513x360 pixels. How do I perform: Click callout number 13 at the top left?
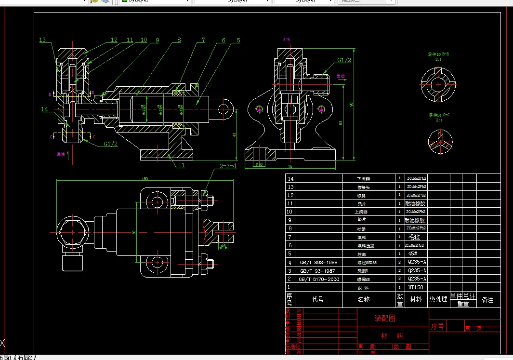[42, 40]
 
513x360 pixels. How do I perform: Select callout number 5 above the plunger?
[238, 40]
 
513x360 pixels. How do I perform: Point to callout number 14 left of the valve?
[44, 109]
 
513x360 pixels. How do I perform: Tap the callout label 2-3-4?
[228, 166]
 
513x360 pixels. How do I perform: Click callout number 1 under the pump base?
[184, 165]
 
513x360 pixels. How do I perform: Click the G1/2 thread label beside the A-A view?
[344, 60]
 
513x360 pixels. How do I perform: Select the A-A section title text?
[287, 39]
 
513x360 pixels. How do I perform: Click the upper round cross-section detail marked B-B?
[438, 84]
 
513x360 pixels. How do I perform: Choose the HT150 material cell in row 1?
[415, 287]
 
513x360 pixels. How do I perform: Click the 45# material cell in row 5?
[412, 253]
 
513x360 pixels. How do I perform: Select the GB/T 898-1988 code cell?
[318, 263]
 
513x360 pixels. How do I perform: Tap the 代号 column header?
[317, 299]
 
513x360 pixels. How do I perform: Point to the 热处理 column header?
[438, 299]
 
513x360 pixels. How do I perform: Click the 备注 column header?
[487, 300]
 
